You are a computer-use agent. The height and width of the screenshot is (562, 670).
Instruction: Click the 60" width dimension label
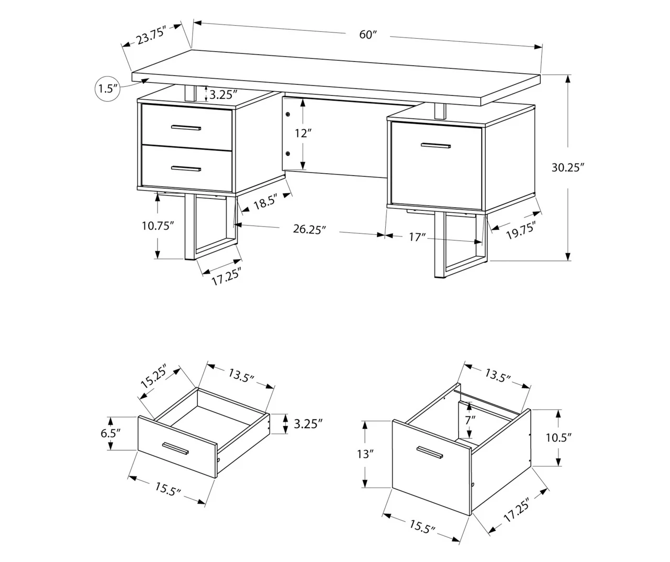[368, 35]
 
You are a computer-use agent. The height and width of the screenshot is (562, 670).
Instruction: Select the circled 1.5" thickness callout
[108, 88]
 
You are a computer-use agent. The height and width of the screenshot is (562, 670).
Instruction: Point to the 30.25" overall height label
[567, 167]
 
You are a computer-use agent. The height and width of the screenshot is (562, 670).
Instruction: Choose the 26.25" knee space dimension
[309, 229]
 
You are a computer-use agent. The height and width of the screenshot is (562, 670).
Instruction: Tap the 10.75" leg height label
[158, 226]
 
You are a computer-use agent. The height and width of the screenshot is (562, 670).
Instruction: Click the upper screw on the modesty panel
[288, 114]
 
